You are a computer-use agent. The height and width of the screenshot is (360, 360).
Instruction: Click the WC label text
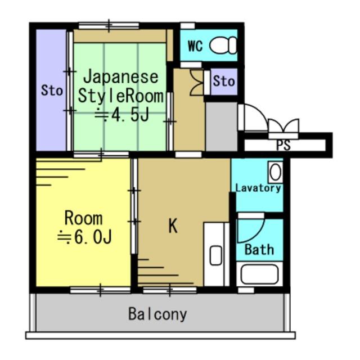195,46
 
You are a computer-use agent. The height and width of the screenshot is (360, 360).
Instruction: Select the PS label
283,146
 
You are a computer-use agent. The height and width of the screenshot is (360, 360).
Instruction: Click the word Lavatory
258,188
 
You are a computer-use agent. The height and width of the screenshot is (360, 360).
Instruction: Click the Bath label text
259,249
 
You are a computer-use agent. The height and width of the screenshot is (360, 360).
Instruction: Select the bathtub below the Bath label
258,275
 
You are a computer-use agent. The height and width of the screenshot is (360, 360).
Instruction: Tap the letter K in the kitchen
173,226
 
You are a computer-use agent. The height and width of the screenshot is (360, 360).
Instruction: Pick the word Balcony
157,314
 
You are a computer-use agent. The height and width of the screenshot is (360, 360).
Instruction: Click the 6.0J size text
85,238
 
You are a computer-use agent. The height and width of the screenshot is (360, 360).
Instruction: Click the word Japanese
121,76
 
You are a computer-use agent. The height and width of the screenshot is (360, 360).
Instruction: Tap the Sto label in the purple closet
52,90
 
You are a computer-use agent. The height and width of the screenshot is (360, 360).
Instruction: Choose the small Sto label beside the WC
223,82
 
